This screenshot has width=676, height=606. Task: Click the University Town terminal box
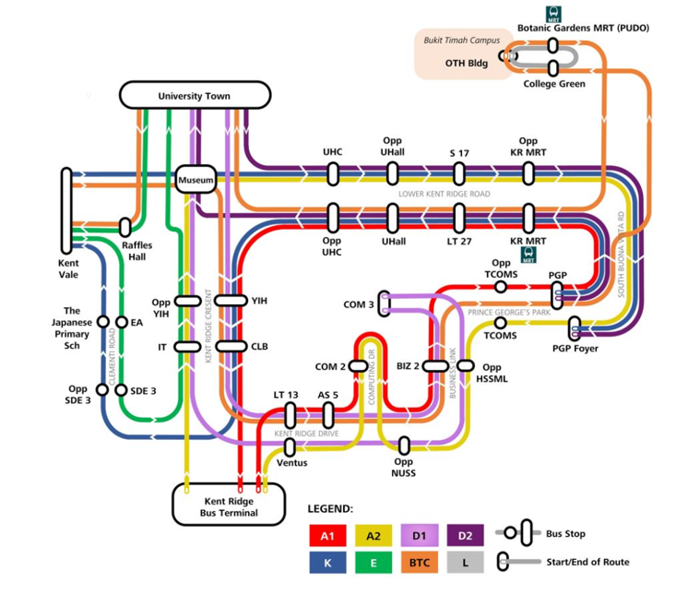click(x=195, y=95)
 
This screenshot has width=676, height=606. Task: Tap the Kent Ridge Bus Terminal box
click(x=229, y=506)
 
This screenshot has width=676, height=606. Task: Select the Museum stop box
click(x=196, y=180)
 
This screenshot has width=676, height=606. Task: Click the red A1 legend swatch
click(x=326, y=535)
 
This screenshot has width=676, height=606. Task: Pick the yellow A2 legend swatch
click(x=373, y=535)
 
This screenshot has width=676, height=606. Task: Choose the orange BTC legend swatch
click(x=419, y=561)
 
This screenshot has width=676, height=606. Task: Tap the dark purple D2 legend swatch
click(x=464, y=535)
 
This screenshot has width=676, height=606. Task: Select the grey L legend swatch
click(x=464, y=561)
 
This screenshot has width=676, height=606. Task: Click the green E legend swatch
click(x=373, y=561)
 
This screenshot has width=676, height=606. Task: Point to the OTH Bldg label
click(x=466, y=64)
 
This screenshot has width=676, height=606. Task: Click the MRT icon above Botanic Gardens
click(x=553, y=14)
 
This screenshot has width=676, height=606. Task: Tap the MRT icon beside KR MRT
click(x=529, y=252)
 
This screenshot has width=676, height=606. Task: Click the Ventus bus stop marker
click(x=291, y=446)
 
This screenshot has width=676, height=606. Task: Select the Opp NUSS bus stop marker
click(x=404, y=446)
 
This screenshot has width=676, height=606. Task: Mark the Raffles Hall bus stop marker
click(x=125, y=227)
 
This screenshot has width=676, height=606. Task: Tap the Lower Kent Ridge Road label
click(x=445, y=195)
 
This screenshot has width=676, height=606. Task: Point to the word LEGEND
click(x=330, y=508)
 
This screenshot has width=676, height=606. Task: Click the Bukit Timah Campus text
click(x=461, y=41)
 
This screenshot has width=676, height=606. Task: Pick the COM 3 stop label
click(x=358, y=304)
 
